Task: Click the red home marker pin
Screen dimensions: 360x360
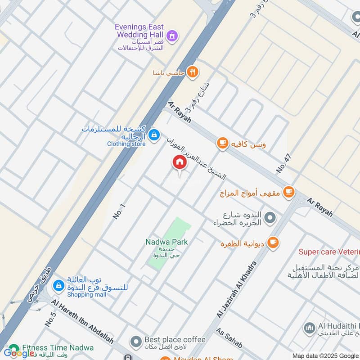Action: tap(179, 162)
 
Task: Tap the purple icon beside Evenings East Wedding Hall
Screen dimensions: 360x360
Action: tap(172, 36)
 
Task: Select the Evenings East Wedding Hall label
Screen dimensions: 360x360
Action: tap(139, 31)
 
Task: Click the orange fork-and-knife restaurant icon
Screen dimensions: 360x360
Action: tap(193, 72)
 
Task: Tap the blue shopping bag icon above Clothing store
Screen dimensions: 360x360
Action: tap(154, 135)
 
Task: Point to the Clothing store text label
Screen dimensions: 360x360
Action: tap(126, 144)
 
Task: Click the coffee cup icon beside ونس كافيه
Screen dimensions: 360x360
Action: tap(222, 143)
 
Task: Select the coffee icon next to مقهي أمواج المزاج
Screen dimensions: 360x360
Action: tap(288, 192)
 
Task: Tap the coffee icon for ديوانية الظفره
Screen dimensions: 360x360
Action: tap(273, 243)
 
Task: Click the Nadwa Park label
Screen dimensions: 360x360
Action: tap(166, 242)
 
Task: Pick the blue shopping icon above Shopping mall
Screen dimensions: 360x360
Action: tap(58, 285)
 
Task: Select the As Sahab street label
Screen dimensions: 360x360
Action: tap(229, 338)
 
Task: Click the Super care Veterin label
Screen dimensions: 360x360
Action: tap(329, 252)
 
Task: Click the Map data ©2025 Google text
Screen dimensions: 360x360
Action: tap(322, 355)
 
